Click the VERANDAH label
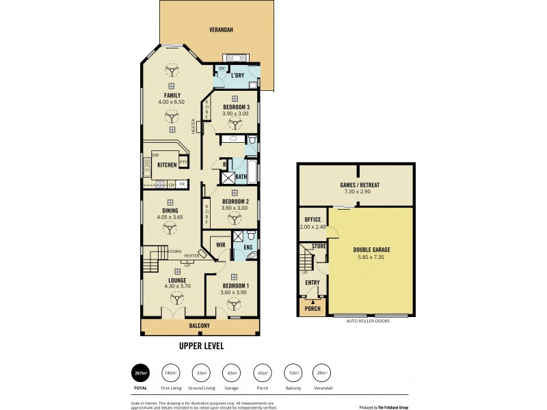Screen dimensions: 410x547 [x=223, y=30]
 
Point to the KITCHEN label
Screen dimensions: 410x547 [x=167, y=165]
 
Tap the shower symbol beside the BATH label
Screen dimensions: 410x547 [x=226, y=176]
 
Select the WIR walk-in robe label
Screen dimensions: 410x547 [x=221, y=244]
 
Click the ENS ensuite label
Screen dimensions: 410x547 [x=248, y=247]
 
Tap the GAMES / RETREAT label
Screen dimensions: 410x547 [x=358, y=185]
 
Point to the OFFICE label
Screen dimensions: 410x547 [x=312, y=219]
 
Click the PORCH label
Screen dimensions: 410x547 [x=312, y=309]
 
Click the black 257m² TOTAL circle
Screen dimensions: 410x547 [x=140, y=373]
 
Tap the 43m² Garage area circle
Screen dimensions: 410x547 [x=230, y=372]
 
